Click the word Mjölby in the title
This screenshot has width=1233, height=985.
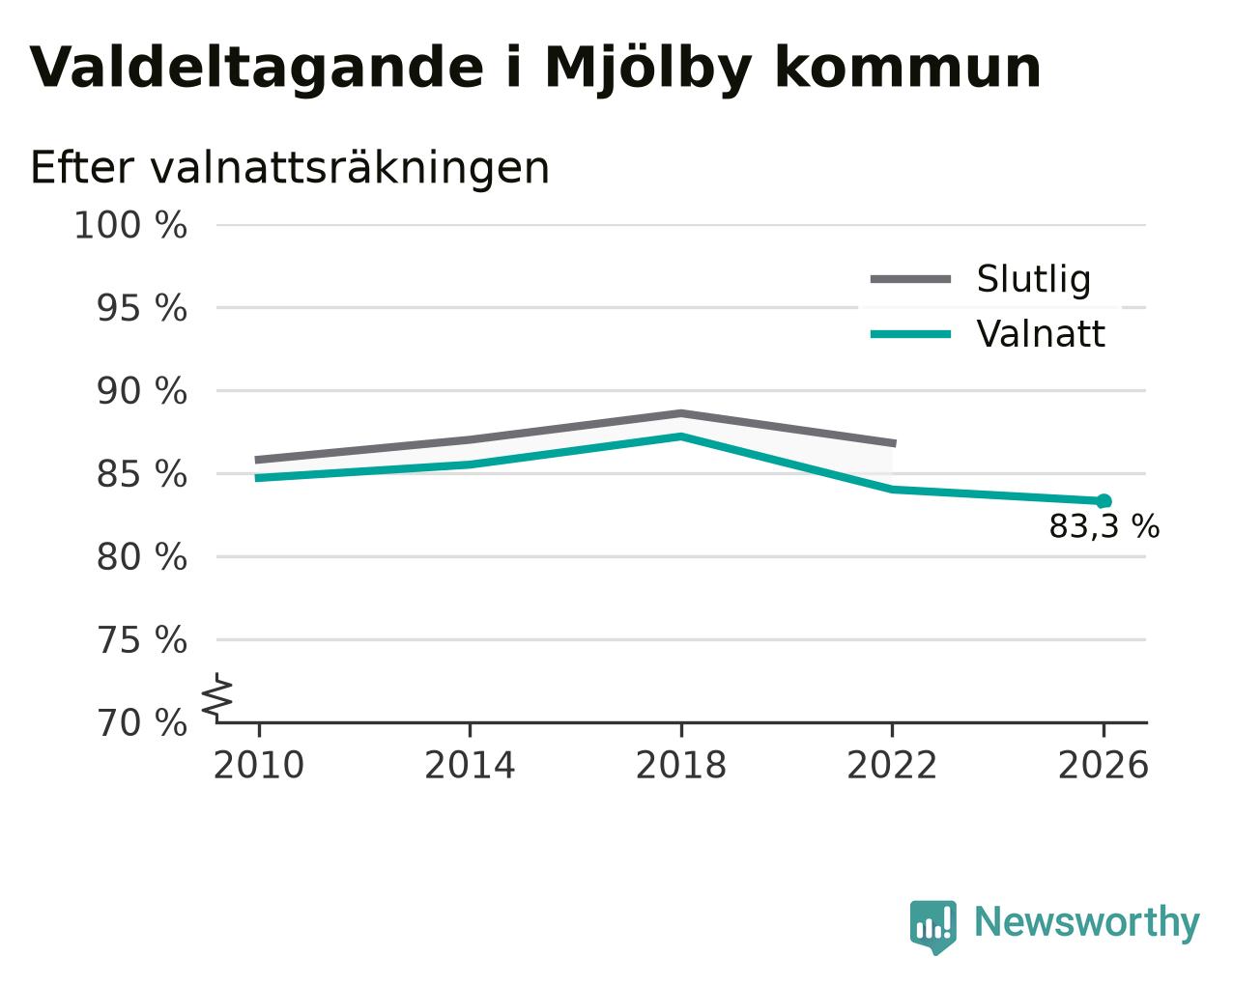[x=648, y=70]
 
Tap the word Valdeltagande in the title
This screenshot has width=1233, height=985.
[x=257, y=69]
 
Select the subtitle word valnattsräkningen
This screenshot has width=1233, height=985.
[x=350, y=169]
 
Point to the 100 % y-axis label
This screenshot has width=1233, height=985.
[x=130, y=225]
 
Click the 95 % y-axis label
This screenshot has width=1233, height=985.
[x=141, y=308]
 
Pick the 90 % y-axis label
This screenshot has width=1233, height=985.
[x=141, y=392]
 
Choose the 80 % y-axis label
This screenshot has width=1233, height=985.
[x=141, y=557]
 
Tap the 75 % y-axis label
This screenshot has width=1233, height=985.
[x=141, y=640]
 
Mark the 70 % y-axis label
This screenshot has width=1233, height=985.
[x=141, y=723]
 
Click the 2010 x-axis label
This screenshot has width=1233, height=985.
[x=259, y=766]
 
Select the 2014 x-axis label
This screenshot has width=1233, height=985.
[x=470, y=766]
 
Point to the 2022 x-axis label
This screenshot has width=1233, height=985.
[x=892, y=766]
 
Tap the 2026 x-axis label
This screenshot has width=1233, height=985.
[x=1104, y=766]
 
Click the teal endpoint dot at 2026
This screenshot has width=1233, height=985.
[x=1104, y=501]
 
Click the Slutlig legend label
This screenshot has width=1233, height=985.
[x=1034, y=279]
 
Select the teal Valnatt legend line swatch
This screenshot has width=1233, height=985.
[x=911, y=334]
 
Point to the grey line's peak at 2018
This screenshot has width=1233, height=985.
[x=681, y=413]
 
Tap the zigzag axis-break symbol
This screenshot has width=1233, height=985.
[x=217, y=697]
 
